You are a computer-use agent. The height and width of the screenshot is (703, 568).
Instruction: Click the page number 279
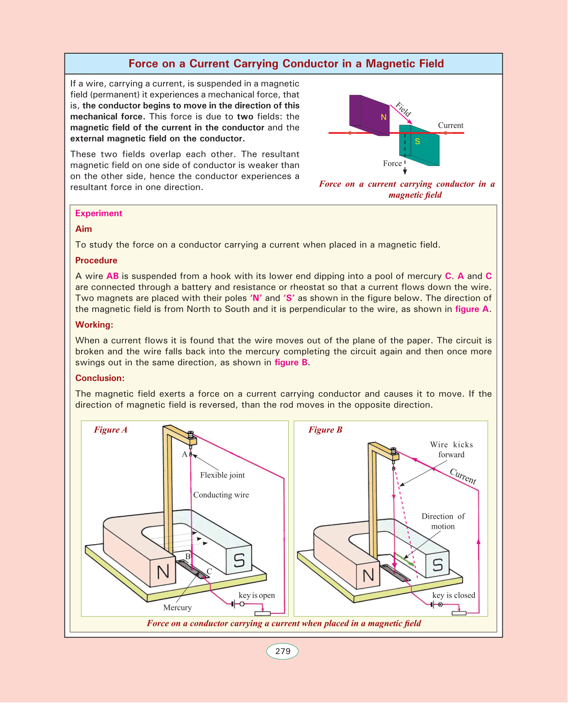click(282, 651)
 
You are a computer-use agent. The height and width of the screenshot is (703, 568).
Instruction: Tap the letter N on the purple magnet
click(383, 117)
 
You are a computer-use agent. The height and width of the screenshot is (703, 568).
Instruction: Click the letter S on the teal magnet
click(417, 141)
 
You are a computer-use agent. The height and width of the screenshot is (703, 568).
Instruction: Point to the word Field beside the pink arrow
click(403, 109)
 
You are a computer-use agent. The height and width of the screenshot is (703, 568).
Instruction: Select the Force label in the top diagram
click(392, 163)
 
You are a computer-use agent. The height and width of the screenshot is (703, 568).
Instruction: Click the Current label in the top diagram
click(450, 125)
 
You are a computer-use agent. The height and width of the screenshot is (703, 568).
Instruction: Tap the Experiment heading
click(99, 213)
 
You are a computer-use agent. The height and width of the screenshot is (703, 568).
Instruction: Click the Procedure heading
click(96, 260)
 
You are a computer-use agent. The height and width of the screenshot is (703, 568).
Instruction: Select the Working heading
click(94, 325)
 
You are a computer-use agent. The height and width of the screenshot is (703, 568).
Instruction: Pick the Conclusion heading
click(100, 378)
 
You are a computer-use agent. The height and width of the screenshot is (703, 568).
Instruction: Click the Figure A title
click(111, 430)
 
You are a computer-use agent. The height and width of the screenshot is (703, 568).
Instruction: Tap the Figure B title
click(325, 430)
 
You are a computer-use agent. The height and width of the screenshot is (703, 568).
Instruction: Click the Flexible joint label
click(222, 475)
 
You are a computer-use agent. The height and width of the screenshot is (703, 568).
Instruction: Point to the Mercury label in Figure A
click(178, 607)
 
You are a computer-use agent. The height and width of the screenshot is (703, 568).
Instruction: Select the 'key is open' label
click(257, 595)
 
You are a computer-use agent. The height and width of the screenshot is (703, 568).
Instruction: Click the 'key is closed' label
click(454, 595)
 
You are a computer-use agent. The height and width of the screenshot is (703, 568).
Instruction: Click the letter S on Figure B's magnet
click(437, 565)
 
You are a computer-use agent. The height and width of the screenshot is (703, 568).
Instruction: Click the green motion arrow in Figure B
click(404, 559)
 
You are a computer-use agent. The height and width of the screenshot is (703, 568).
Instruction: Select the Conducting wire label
click(221, 495)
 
